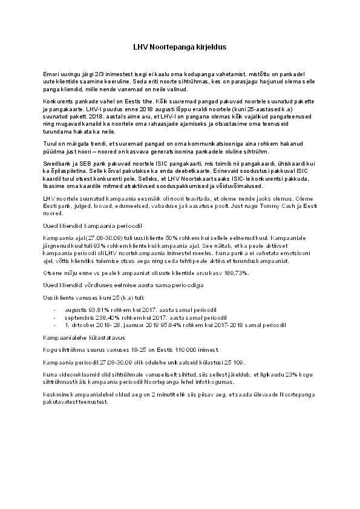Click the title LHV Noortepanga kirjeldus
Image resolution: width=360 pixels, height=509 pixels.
click(180, 46)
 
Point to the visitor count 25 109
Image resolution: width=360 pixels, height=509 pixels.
click(234, 362)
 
